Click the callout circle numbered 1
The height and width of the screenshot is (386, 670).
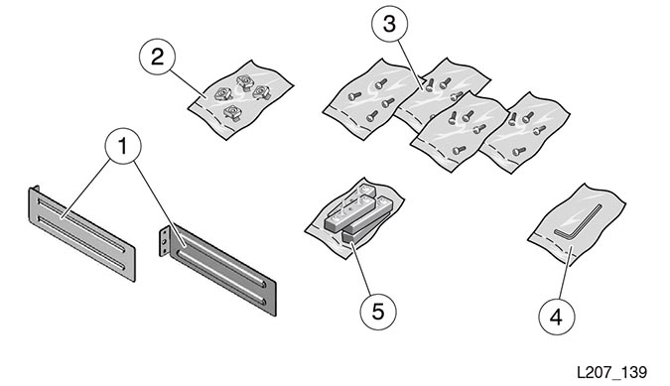click(x=123, y=146)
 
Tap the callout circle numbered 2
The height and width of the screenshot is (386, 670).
click(x=157, y=57)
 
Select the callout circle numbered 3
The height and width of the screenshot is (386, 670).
click(x=389, y=24)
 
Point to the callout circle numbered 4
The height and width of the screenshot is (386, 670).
click(x=556, y=317)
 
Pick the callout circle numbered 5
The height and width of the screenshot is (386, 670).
click(x=378, y=312)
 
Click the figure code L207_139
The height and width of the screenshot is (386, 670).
click(x=611, y=372)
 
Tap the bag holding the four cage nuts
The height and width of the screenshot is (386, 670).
click(x=240, y=99)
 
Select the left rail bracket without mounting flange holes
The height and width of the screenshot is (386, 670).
click(x=81, y=233)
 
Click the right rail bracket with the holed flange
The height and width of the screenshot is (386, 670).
click(x=218, y=270)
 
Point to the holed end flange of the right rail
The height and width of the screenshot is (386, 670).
click(x=164, y=242)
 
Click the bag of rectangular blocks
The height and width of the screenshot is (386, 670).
click(x=354, y=217)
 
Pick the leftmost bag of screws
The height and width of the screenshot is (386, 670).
click(x=369, y=99)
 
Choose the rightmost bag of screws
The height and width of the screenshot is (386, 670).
click(x=525, y=132)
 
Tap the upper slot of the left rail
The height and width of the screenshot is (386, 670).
click(x=80, y=223)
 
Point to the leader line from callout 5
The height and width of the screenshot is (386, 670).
click(x=362, y=269)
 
